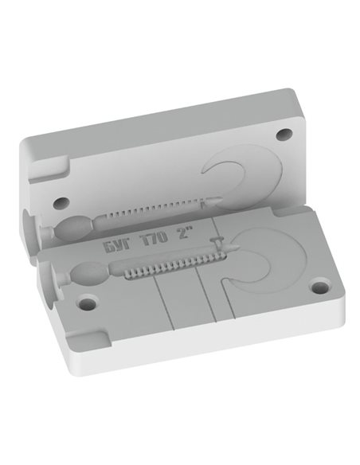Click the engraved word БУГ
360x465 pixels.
click(x=116, y=246)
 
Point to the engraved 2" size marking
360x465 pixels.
click(x=185, y=232)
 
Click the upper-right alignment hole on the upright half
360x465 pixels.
click(x=284, y=135)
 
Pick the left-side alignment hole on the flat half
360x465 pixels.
click(x=87, y=303)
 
